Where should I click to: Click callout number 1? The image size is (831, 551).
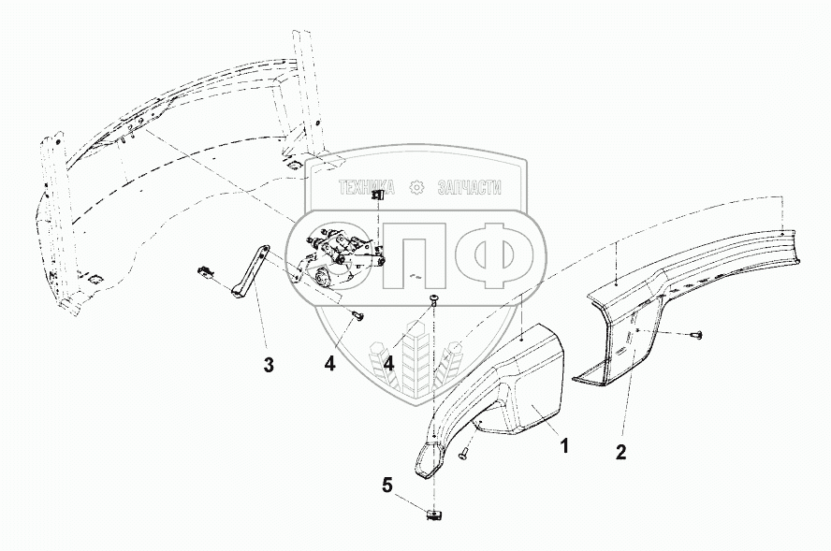[x=564, y=446]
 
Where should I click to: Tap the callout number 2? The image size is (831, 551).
[x=620, y=453]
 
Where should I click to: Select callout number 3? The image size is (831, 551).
[x=269, y=365]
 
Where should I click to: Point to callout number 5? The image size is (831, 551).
[x=386, y=485]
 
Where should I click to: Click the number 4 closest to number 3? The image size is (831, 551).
[x=329, y=363]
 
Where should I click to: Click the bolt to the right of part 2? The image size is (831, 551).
[x=695, y=334]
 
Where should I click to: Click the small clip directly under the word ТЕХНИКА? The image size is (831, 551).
[x=377, y=195]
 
